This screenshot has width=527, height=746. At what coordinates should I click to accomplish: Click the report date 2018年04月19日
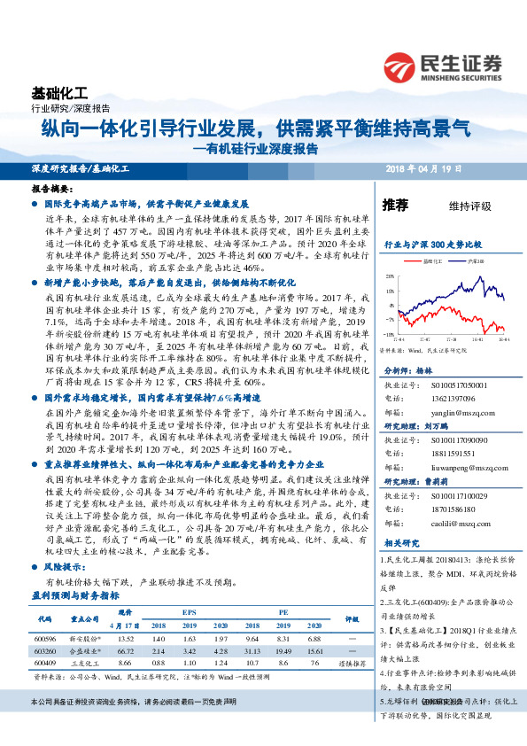[462, 167]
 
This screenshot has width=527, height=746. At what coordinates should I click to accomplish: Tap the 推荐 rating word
[395, 206]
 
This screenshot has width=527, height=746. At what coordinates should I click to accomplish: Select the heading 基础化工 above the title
[59, 93]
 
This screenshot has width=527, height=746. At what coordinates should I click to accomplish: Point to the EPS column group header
[189, 612]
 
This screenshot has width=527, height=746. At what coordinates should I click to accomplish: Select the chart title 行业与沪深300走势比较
[432, 242]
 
